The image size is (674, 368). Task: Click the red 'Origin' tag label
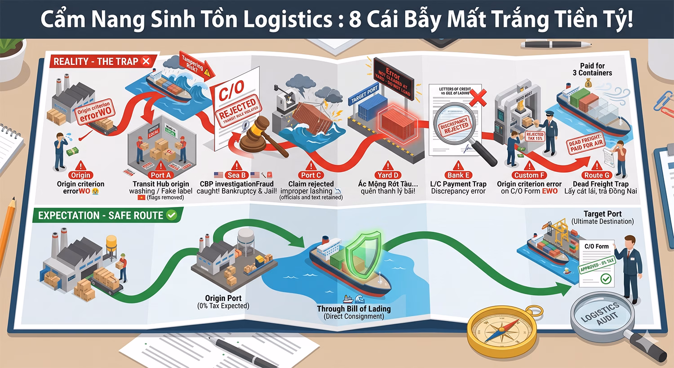(80, 175)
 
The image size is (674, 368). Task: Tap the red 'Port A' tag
(160, 175)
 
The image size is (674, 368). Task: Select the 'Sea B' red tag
(236, 175)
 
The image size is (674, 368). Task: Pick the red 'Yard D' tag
(388, 175)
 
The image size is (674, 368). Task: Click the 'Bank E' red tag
(458, 175)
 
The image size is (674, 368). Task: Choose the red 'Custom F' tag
(529, 175)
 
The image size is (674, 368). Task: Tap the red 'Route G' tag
(597, 175)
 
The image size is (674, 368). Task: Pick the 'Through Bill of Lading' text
(354, 309)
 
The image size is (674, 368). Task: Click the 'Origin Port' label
(223, 298)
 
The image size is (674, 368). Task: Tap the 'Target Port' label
(602, 214)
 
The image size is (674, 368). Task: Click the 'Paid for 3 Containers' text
(592, 69)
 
